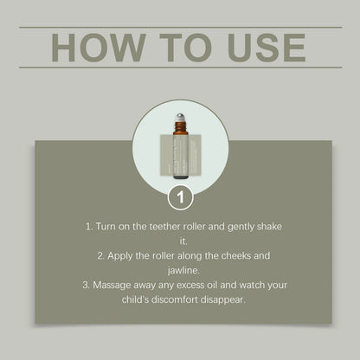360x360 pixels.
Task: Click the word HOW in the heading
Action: click(98, 48)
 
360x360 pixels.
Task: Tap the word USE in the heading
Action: click(267, 48)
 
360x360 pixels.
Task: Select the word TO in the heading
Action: click(185, 48)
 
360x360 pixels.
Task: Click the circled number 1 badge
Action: click(181, 197)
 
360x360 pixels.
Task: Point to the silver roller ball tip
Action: click(181, 118)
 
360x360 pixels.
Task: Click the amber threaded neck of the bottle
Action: click(181, 126)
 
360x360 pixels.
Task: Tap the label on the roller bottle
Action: click(181, 155)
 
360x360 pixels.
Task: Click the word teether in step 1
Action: click(164, 227)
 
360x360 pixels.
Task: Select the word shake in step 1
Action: click(269, 227)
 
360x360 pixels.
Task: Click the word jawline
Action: click(183, 271)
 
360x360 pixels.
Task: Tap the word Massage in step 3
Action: click(112, 285)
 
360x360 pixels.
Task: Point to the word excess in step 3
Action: click(190, 286)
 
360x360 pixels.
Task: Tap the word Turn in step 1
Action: click(106, 227)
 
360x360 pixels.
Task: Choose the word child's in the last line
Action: click(135, 299)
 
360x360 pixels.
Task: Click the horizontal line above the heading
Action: click(181, 28)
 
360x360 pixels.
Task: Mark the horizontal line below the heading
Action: click(181, 67)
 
